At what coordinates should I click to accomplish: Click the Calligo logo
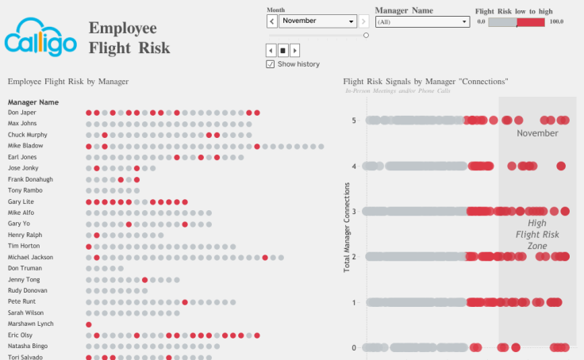(x=41, y=38)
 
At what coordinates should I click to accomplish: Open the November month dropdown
(x=317, y=21)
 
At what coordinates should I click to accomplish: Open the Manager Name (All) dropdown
(x=421, y=21)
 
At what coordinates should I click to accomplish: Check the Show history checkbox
(x=271, y=64)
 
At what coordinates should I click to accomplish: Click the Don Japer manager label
(x=22, y=113)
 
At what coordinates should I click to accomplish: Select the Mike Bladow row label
(x=25, y=146)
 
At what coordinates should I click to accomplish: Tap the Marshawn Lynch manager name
(x=30, y=324)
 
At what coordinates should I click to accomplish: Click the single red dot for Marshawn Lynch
(x=88, y=324)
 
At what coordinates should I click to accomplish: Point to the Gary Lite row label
(x=21, y=201)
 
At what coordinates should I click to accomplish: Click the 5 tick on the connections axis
(x=354, y=121)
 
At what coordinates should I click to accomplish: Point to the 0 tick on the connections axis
(x=354, y=347)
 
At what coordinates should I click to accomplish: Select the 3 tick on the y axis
(x=354, y=212)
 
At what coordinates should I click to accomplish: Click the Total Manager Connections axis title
(x=347, y=227)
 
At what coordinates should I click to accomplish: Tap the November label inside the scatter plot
(x=537, y=133)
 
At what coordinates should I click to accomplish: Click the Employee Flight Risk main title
(x=129, y=38)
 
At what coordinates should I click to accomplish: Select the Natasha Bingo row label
(x=29, y=347)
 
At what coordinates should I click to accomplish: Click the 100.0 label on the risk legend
(x=556, y=22)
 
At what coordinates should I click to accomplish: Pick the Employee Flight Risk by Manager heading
(x=68, y=82)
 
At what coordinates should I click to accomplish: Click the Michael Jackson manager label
(x=30, y=257)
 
